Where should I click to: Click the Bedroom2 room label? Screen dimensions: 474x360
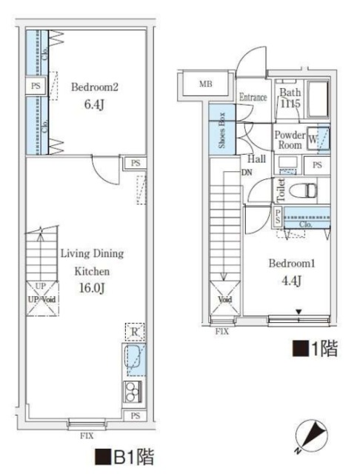click(x=95, y=87)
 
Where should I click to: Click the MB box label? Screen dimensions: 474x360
click(x=204, y=84)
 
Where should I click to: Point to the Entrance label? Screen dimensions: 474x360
click(x=253, y=96)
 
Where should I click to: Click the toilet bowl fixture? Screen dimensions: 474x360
click(x=304, y=190)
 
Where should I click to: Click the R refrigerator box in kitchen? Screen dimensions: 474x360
click(x=134, y=332)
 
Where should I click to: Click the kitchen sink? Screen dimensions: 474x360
click(x=134, y=361)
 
